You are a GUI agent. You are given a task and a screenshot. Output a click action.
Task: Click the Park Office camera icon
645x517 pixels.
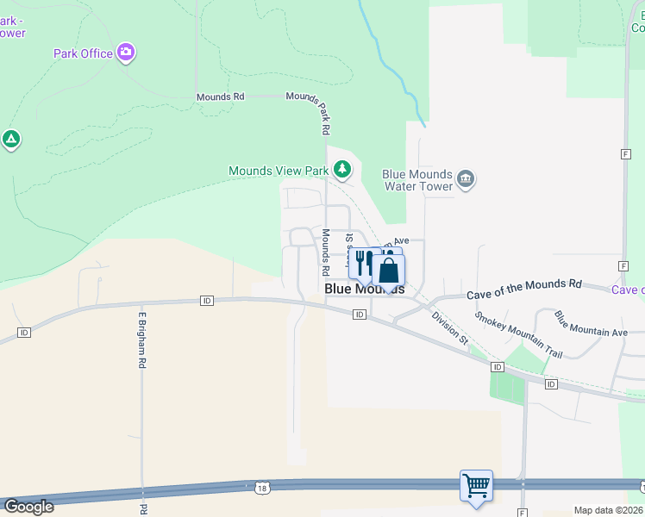coord(126,53)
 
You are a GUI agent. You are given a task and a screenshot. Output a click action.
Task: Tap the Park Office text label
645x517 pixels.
coord(83,53)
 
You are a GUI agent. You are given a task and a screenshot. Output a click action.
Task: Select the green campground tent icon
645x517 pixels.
coord(10,139)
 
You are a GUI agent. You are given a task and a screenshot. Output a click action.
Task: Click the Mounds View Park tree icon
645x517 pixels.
coord(342,169)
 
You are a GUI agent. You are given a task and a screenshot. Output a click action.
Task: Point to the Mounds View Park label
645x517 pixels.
coord(278,171)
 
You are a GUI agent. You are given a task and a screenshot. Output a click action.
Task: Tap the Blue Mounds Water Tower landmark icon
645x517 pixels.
coord(466,179)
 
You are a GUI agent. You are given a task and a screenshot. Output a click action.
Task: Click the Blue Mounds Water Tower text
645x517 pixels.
coord(417,179)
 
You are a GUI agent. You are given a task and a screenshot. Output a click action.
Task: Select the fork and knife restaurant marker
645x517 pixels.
coord(363,265)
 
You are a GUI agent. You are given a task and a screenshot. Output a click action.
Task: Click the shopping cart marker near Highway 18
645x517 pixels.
coord(476,485)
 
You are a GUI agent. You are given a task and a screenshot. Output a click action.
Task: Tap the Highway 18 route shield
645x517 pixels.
coord(262,489)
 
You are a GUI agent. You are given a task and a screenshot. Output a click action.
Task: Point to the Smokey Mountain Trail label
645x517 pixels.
coord(518,334)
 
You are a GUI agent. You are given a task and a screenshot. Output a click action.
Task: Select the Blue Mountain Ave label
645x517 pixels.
coord(591,325)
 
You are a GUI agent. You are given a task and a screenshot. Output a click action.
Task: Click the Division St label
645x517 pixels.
coord(450,328)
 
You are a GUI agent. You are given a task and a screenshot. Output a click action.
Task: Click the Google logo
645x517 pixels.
coord(28,507)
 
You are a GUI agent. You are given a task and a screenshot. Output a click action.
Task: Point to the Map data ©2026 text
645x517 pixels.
coord(608,510)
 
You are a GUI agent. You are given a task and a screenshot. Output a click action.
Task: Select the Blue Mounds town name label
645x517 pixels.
coord(364,290)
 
